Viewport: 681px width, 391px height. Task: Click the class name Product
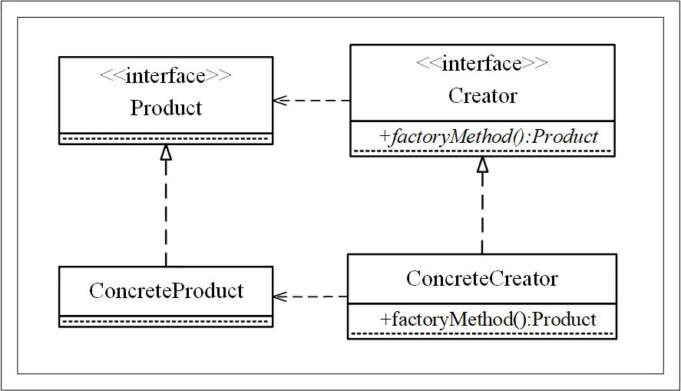point(166,108)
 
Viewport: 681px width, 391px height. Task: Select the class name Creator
point(482,96)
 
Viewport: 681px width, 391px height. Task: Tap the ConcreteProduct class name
point(166,290)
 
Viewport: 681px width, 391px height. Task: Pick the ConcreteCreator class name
point(481,278)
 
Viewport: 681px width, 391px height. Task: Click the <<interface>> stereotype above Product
point(166,76)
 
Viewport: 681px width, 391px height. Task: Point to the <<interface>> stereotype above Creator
point(482,64)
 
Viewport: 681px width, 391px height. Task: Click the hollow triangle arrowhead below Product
point(166,152)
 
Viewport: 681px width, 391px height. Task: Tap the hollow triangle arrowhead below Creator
point(482,164)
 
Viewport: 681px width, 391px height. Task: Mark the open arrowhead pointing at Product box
point(279,101)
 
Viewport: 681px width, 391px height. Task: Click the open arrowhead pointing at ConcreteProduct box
point(279,296)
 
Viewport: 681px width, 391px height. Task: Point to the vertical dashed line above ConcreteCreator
point(482,215)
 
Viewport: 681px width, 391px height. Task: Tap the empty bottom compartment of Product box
point(166,139)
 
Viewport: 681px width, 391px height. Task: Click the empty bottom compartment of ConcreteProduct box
point(166,320)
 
